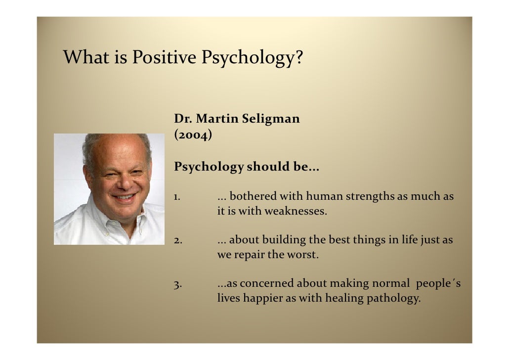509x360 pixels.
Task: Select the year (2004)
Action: click(193, 135)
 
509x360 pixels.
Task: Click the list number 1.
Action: click(176, 197)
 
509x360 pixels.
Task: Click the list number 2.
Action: click(178, 241)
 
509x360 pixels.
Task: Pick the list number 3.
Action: click(178, 284)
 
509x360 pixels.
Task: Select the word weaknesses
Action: click(296, 212)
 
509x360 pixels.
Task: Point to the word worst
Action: click(304, 256)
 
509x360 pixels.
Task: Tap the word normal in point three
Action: click(392, 284)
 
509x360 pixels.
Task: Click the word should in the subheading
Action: click(269, 168)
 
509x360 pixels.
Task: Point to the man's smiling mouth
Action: click(124, 197)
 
